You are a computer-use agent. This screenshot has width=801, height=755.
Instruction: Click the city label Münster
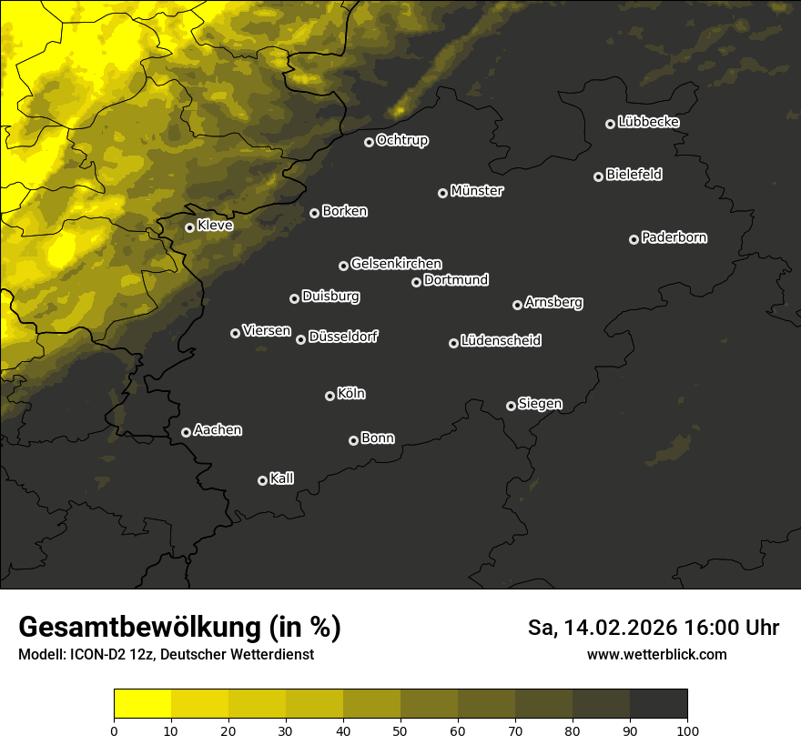[477, 191]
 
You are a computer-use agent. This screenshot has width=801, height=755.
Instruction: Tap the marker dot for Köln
[330, 396]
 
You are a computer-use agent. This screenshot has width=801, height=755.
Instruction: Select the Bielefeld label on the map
[634, 175]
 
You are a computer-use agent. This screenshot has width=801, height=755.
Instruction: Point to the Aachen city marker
[186, 432]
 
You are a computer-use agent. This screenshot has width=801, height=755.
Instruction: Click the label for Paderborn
[674, 237]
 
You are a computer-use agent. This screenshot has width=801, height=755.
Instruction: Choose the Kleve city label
[215, 226]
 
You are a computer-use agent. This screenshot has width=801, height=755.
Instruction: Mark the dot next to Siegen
[511, 406]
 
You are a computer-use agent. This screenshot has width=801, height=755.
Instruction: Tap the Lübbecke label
[648, 122]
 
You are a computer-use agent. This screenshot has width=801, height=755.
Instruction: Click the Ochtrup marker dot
[369, 142]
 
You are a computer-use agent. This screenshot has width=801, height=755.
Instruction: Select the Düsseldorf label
[343, 337]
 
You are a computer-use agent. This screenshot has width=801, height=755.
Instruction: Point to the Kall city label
[281, 478]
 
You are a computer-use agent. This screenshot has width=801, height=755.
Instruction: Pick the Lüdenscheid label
[501, 341]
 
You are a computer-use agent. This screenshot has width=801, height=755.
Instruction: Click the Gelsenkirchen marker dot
[343, 266]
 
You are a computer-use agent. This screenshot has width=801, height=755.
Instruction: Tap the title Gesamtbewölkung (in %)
[179, 628]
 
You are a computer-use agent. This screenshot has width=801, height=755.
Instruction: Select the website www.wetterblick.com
[656, 654]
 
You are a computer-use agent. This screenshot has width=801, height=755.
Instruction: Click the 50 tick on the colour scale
[400, 730]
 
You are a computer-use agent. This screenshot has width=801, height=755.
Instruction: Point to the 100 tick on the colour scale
[687, 730]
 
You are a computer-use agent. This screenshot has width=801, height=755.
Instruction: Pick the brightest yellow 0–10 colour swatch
[142, 703]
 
